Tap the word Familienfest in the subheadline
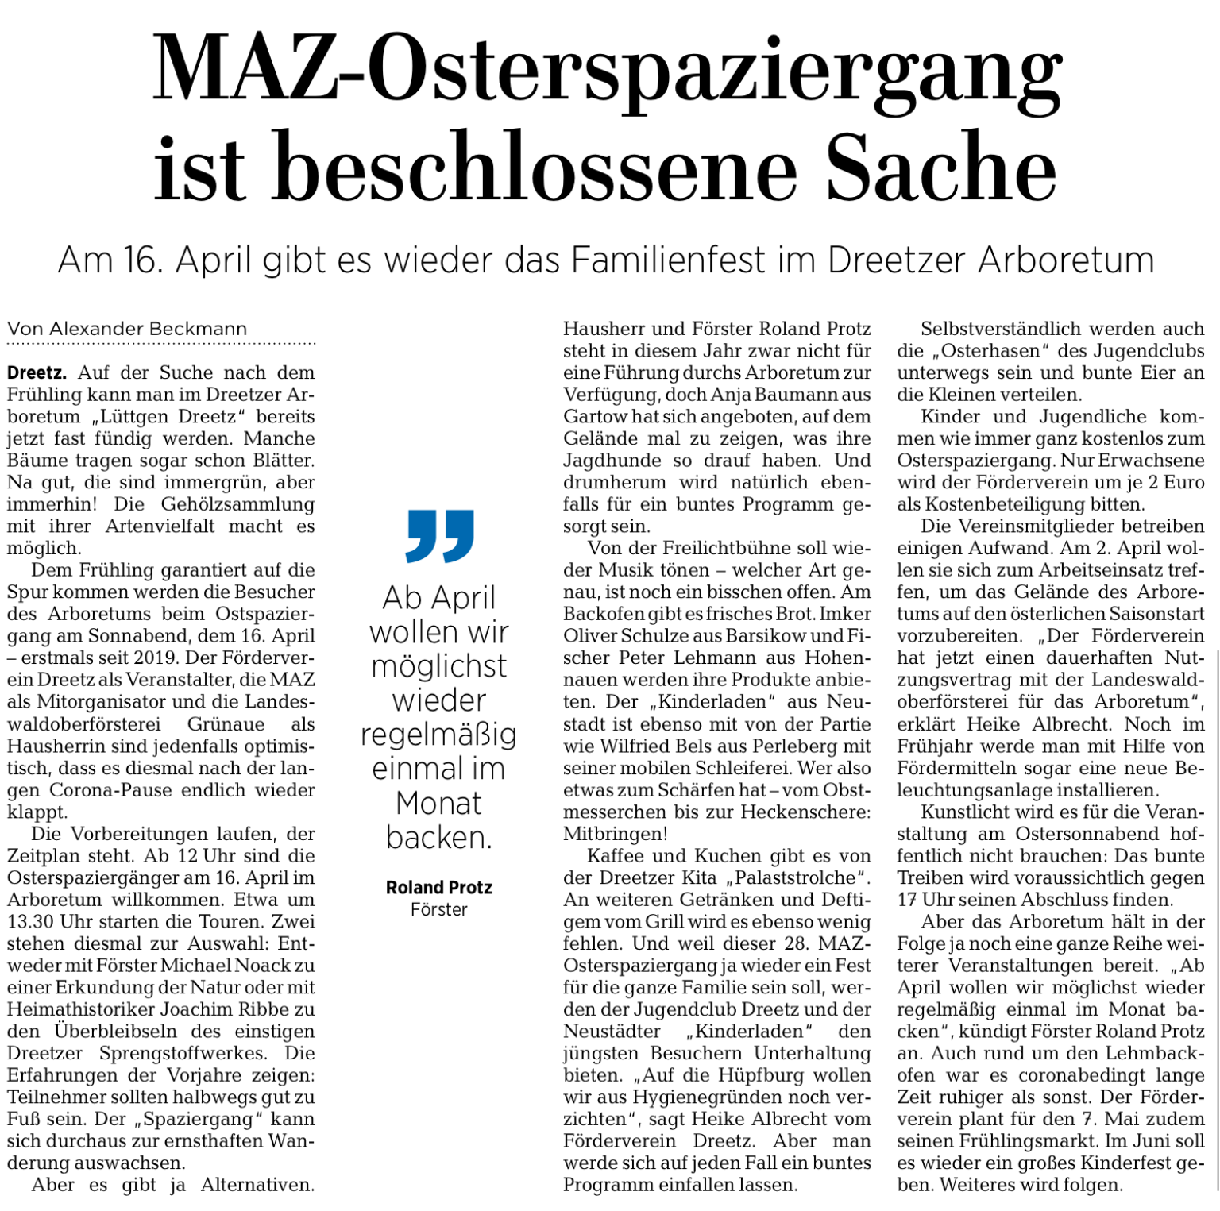(669, 260)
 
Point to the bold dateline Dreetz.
(37, 372)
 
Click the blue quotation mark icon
(439, 536)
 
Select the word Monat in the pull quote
(438, 804)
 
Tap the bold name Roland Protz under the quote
(438, 888)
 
